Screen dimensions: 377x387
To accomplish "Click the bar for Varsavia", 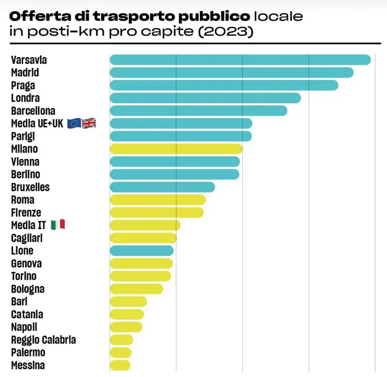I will click(x=240, y=60).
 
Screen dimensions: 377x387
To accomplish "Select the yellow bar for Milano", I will click(x=176, y=149).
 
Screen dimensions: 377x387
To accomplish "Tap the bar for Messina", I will click(x=120, y=365).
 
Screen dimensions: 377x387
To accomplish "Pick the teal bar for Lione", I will click(x=141, y=251).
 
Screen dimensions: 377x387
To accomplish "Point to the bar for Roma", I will click(x=158, y=200).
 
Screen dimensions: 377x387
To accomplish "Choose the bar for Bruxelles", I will click(x=162, y=187).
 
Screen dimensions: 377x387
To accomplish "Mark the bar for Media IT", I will click(x=145, y=225).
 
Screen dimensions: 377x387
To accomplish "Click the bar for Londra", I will click(x=205, y=98).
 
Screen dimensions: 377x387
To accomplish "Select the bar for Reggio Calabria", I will click(x=121, y=339).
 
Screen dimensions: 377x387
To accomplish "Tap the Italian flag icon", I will click(x=58, y=225).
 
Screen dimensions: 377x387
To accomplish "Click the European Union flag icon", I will click(x=74, y=124).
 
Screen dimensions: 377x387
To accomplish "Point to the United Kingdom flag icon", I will click(x=89, y=124).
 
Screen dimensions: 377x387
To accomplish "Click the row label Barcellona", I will click(x=33, y=111).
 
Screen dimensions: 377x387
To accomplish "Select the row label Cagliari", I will click(x=27, y=238).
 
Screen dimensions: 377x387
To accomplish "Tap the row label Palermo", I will click(x=28, y=352).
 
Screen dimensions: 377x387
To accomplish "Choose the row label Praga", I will click(x=23, y=85).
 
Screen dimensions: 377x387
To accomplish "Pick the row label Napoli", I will click(x=24, y=327).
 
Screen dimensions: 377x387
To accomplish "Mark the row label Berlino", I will click(x=26, y=174).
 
